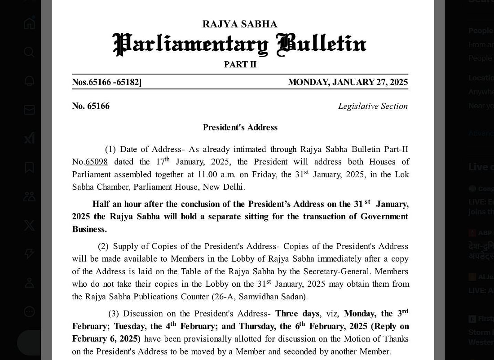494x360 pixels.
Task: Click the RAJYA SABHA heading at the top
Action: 240,24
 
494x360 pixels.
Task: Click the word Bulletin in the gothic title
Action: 322,44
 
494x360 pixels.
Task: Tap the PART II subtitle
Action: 240,64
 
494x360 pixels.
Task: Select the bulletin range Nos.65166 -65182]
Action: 107,82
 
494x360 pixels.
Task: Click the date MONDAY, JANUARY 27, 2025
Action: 348,82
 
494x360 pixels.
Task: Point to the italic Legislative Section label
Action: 373,106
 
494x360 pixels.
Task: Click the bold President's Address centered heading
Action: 240,128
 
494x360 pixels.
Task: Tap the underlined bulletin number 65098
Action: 97,162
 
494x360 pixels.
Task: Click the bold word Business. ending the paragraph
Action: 89,229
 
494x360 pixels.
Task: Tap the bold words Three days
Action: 297,313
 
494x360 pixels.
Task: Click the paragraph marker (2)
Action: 103,246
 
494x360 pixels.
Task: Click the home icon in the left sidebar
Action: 29,23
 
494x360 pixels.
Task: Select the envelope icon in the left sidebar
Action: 29,110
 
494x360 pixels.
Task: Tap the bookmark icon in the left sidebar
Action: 29,167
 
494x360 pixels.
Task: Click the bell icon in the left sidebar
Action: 29,81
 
